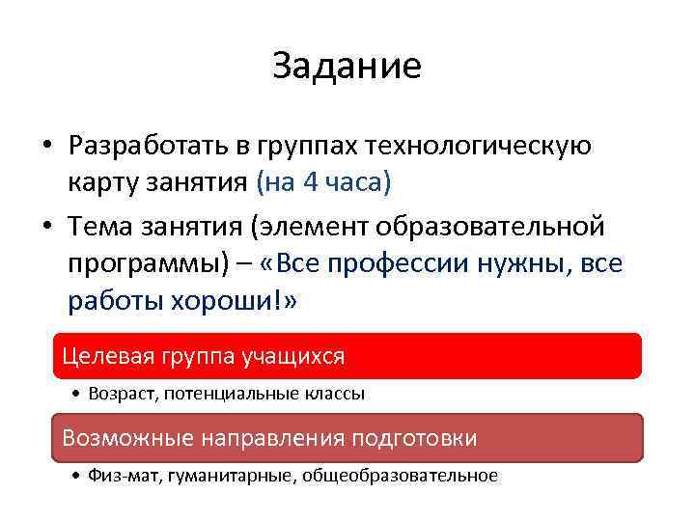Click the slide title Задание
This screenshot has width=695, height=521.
point(347,66)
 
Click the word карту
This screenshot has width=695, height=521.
point(100,181)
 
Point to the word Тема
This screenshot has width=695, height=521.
point(101,228)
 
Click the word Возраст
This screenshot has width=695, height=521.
point(118,394)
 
